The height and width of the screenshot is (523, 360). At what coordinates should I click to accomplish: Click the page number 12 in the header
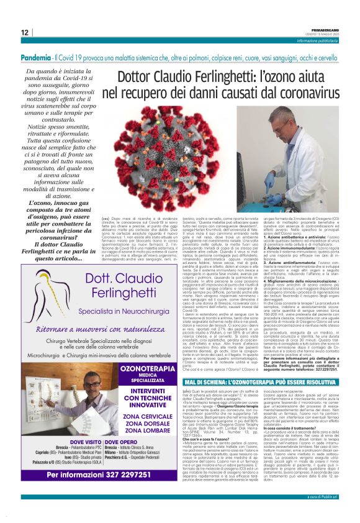(x=24, y=33)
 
